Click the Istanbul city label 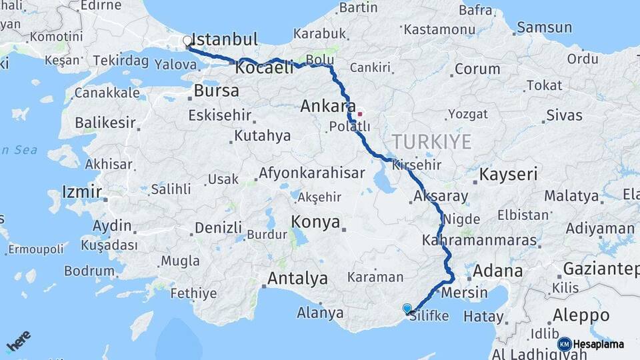pyautogui.click(x=225, y=39)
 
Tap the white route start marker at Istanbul pyautogui.click(x=187, y=41)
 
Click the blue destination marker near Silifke pyautogui.click(x=407, y=308)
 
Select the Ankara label pyautogui.click(x=327, y=106)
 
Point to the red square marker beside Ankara pyautogui.click(x=360, y=113)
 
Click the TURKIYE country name pyautogui.click(x=431, y=141)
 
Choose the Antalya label pyautogui.click(x=297, y=278)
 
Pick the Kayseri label pyautogui.click(x=509, y=175)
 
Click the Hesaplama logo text pyautogui.click(x=599, y=344)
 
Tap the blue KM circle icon pyautogui.click(x=564, y=344)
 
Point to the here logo pyautogui.click(x=19, y=342)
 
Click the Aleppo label pyautogui.click(x=581, y=315)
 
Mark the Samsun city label pyautogui.click(x=545, y=27)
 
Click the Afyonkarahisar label pyautogui.click(x=311, y=173)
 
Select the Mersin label pyautogui.click(x=461, y=291)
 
